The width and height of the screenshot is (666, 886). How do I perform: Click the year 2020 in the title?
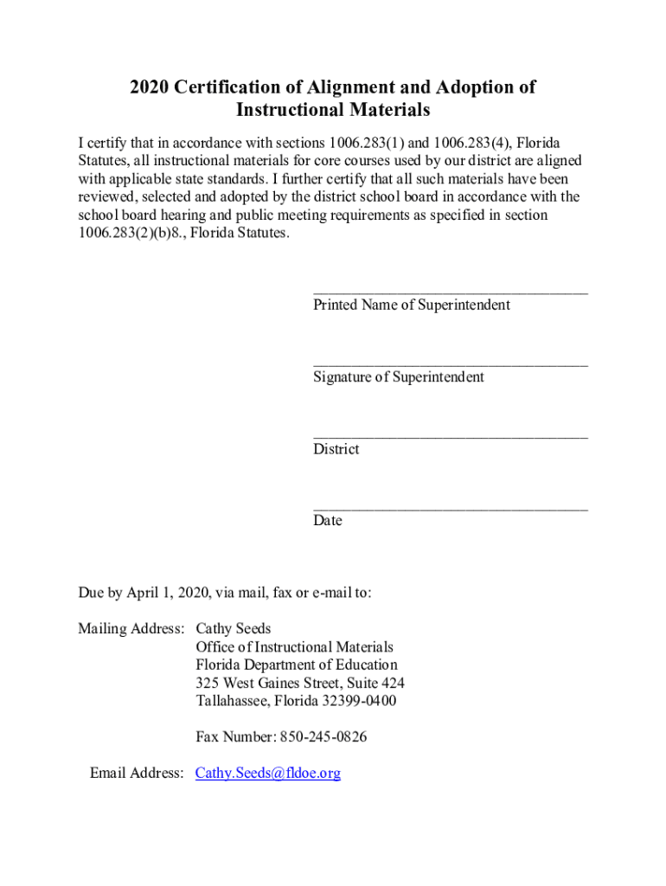(149, 87)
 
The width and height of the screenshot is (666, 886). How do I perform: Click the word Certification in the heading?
(227, 87)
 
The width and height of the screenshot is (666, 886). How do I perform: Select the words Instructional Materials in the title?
(333, 111)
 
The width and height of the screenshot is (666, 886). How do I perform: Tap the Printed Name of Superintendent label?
(412, 305)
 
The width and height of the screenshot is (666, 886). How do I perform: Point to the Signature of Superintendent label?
(399, 377)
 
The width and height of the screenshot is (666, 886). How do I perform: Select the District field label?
(336, 449)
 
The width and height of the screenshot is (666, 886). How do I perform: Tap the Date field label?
(328, 521)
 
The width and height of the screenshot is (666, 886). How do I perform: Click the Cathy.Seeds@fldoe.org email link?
(268, 774)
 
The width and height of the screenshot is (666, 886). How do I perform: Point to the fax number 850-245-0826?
(321, 737)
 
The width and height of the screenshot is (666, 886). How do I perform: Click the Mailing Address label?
(131, 628)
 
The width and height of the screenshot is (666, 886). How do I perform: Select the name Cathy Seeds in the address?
(234, 628)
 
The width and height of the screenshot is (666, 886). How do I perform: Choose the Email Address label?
(137, 774)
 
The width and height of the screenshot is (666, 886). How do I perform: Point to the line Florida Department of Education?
(297, 664)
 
